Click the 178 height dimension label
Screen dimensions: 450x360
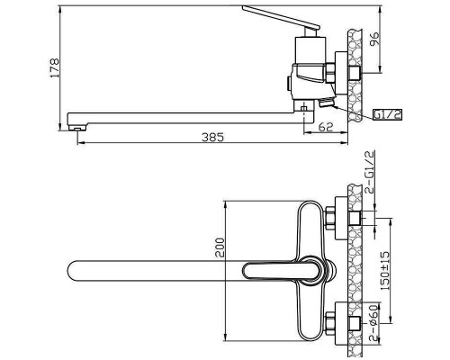click(x=55, y=68)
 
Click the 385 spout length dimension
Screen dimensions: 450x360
click(x=212, y=138)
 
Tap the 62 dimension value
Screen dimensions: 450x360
click(x=326, y=127)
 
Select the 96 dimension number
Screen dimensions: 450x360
click(x=374, y=38)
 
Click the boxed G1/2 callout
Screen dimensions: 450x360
click(x=387, y=114)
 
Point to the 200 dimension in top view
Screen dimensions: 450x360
click(x=220, y=247)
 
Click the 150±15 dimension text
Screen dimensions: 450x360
click(x=385, y=271)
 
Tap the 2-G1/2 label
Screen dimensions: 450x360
click(x=370, y=173)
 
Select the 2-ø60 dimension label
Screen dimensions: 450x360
click(x=373, y=323)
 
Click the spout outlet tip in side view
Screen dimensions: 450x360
click(x=77, y=128)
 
